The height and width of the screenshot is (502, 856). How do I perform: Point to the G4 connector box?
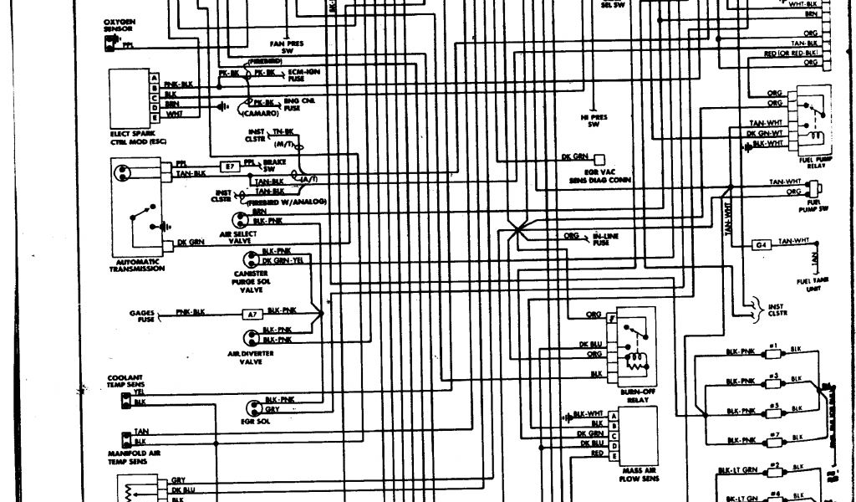pyautogui.click(x=761, y=244)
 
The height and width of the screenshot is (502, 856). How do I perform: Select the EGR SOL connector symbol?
pyautogui.click(x=249, y=405)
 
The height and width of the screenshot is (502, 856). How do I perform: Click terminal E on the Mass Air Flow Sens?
pyautogui.click(x=614, y=457)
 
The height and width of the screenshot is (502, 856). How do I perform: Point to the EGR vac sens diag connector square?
pyautogui.click(x=599, y=156)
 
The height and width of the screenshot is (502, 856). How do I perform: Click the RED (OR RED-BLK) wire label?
pyautogui.click(x=790, y=54)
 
